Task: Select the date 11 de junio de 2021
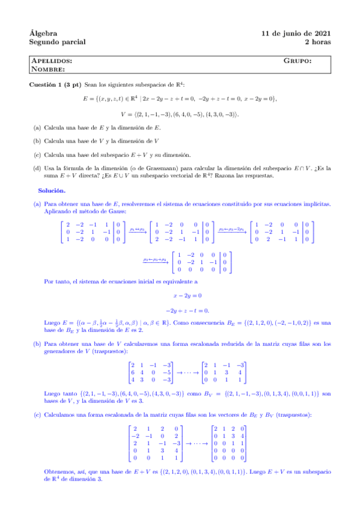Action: tap(296, 32)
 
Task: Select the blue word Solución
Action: tap(59, 190)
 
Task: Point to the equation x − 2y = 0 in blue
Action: tap(187, 295)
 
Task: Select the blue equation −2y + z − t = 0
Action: tap(187, 310)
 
